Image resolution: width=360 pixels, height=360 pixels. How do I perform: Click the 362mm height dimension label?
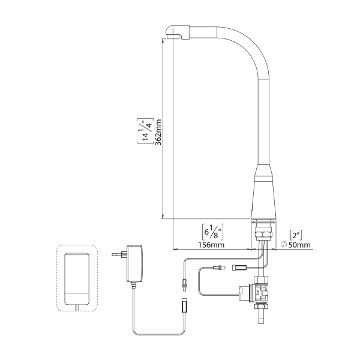coord(158,132)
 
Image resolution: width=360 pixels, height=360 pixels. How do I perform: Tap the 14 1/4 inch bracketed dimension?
coord(145,131)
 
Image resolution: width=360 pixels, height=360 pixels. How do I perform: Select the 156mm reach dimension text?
coord(211,245)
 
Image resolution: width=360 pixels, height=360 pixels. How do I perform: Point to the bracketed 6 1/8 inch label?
coord(212,232)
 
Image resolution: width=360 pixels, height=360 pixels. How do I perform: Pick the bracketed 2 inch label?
coord(296,235)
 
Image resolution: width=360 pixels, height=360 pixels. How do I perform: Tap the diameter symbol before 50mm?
coord(284,245)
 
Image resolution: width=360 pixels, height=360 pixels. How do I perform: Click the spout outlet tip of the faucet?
coord(174,37)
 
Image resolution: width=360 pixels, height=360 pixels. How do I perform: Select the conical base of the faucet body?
coord(263,191)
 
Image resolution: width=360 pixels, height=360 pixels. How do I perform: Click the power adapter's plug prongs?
coord(116,254)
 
